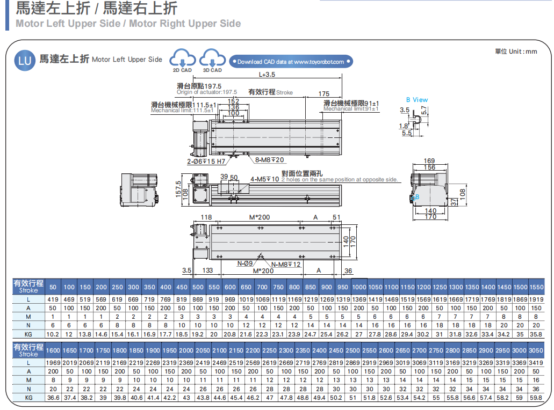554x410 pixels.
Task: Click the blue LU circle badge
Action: (x=25, y=60)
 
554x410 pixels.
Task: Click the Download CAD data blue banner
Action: (x=291, y=62)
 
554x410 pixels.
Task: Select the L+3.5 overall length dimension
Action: (x=267, y=75)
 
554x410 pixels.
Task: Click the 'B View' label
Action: (x=417, y=100)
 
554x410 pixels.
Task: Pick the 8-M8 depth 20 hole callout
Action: (x=270, y=160)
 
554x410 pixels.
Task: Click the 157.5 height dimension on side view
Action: (x=178, y=189)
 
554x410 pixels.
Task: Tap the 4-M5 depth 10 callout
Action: (x=264, y=179)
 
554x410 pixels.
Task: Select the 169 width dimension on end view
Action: (x=429, y=161)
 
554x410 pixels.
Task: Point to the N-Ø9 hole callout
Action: (x=245, y=264)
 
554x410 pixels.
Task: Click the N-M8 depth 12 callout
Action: (x=286, y=265)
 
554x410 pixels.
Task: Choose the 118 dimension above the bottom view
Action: (x=206, y=217)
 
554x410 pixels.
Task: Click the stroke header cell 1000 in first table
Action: (x=359, y=288)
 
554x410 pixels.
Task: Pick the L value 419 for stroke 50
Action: (x=53, y=299)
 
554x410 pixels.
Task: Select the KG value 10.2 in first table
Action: (x=53, y=334)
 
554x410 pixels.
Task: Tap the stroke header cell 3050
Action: (x=536, y=350)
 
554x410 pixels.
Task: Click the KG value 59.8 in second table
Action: (x=536, y=398)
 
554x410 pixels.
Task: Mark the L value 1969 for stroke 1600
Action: (x=53, y=363)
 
